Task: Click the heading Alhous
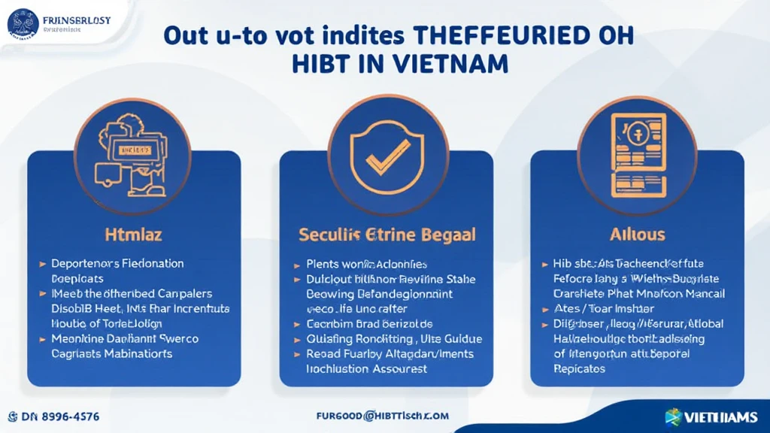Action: [x=638, y=235]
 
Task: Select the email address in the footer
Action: [x=383, y=415]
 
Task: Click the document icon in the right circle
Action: [x=638, y=155]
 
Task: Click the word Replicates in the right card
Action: [x=579, y=369]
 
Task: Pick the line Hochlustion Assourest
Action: [x=367, y=368]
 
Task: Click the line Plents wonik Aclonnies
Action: [x=367, y=264]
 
